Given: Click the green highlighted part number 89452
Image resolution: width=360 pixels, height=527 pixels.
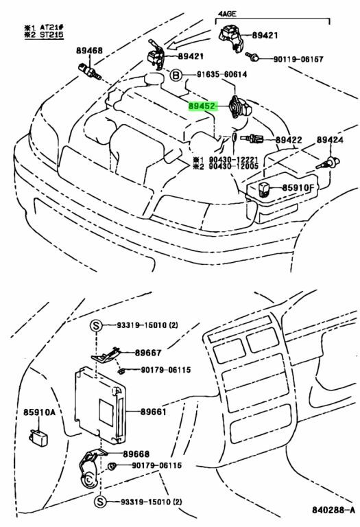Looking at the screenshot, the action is (x=202, y=106).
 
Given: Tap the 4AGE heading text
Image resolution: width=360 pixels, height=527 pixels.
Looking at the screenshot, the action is (x=227, y=14).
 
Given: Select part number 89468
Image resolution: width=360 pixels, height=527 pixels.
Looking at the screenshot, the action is (x=89, y=51).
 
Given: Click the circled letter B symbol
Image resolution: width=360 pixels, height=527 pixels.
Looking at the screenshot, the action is (x=176, y=75).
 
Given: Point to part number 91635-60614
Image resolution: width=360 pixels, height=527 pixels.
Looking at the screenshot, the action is (x=221, y=74).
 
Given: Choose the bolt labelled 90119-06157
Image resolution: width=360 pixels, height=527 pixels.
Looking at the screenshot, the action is (x=252, y=56).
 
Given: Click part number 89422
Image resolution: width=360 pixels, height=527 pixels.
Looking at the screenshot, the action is (x=289, y=139).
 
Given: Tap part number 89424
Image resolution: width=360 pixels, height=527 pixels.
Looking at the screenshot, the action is (x=330, y=139).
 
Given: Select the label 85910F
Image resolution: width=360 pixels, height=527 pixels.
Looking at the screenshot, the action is (x=298, y=187).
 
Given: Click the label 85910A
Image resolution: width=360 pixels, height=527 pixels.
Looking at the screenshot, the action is (x=39, y=412).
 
